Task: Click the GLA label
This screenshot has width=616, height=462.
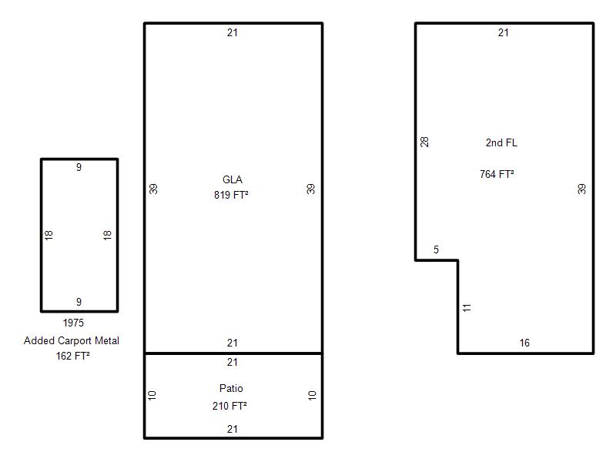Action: click(x=233, y=179)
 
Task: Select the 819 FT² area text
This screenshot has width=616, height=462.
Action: click(x=231, y=195)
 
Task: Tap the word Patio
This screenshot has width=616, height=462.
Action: click(x=231, y=388)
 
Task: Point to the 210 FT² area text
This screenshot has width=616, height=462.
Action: click(x=229, y=406)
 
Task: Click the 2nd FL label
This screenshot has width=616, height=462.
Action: click(x=501, y=142)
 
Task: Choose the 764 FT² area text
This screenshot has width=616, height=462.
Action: click(x=497, y=174)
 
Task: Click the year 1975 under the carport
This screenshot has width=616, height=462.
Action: click(x=73, y=323)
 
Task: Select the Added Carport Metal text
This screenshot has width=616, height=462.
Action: click(x=71, y=340)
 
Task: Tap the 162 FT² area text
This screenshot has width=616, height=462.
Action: click(x=72, y=356)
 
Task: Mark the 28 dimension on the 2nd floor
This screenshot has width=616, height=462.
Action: click(x=424, y=142)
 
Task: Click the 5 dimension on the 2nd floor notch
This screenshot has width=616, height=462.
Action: click(x=436, y=249)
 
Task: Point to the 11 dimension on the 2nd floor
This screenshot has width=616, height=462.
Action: click(x=467, y=307)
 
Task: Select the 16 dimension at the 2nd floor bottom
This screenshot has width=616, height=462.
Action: click(x=524, y=343)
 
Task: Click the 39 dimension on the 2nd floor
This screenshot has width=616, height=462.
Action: click(x=582, y=189)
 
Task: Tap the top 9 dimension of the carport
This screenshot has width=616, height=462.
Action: click(x=79, y=167)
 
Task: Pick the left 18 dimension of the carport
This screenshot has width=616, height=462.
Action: click(x=49, y=235)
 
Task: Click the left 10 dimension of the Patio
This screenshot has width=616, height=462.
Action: click(x=152, y=395)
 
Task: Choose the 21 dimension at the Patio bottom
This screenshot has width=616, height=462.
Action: click(x=233, y=429)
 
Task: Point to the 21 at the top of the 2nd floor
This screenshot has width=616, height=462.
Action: click(x=504, y=32)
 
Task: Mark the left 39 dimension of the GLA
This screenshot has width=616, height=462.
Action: click(x=153, y=189)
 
